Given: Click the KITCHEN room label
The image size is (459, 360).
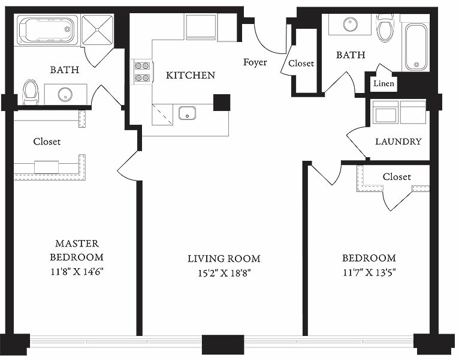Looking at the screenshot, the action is pyautogui.click(x=191, y=75).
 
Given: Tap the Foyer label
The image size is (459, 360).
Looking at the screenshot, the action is pyautogui.click(x=255, y=62).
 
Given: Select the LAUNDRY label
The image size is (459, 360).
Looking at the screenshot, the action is pyautogui.click(x=398, y=142).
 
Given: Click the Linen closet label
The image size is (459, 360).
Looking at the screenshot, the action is pyautogui.click(x=383, y=83).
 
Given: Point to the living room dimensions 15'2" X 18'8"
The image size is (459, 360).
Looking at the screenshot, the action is pyautogui.click(x=225, y=273).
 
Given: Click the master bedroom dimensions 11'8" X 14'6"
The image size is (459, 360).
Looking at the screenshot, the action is pyautogui.click(x=77, y=272).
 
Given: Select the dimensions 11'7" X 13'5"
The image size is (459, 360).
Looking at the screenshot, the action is pyautogui.click(x=370, y=272).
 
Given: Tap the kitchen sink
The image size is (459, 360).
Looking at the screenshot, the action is pyautogui.click(x=188, y=113).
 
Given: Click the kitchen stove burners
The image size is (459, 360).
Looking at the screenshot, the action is pyautogui.click(x=143, y=72).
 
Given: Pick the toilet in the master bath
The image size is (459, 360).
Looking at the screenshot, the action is pyautogui.click(x=31, y=91).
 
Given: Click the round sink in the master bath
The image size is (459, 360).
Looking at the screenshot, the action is pyautogui.click(x=65, y=94).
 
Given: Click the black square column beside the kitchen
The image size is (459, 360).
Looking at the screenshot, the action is pyautogui.click(x=222, y=103).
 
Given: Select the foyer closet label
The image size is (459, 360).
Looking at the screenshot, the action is pyautogui.click(x=301, y=64).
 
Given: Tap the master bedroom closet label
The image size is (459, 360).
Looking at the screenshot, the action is pyautogui.click(x=47, y=142).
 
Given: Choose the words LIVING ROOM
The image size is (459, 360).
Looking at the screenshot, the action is pyautogui.click(x=224, y=259).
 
